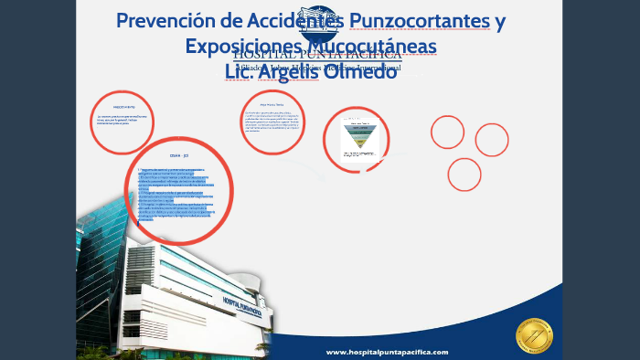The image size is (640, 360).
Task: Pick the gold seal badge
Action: pos(534,335)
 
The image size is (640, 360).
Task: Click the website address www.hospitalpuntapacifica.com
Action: pos(388,352)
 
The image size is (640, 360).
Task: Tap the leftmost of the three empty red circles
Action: pos(447,132)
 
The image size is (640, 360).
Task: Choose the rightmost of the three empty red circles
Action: pos(491,140)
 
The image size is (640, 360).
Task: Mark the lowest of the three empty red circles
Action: pos(464,174)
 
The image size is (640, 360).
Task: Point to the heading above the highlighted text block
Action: pos(178,157)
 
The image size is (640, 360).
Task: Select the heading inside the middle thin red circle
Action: pos(272,106)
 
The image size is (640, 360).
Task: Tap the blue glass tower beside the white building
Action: pos(103,251)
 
